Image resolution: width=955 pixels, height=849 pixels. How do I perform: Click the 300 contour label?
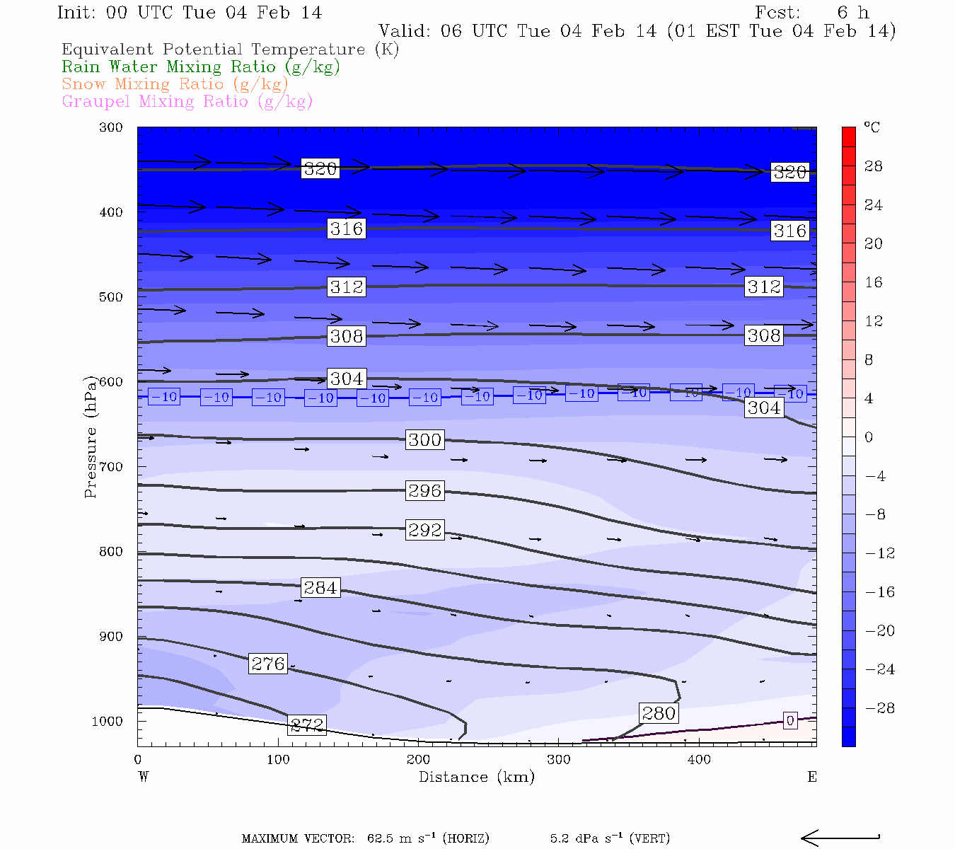(x=424, y=440)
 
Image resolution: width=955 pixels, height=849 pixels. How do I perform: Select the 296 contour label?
(x=424, y=491)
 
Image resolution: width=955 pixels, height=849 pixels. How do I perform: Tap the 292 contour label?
(x=424, y=530)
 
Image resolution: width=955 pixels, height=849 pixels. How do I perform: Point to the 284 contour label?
(x=320, y=588)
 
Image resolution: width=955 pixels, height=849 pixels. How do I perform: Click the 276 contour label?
(x=268, y=664)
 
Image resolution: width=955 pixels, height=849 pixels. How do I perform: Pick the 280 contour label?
(x=659, y=713)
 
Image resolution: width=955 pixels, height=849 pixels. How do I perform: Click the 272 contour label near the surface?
(x=307, y=725)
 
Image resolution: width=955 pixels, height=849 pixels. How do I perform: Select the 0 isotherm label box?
(x=790, y=721)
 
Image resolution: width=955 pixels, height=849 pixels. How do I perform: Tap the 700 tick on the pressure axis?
(x=111, y=467)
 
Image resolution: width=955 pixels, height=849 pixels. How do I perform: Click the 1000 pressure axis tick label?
(x=108, y=722)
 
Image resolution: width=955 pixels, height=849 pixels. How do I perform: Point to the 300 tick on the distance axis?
(x=559, y=760)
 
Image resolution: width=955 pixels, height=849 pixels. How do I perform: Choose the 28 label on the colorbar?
(x=874, y=166)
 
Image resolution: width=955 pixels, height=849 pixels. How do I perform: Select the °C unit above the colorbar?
(x=872, y=127)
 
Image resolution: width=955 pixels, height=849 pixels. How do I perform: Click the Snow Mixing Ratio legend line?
(x=175, y=84)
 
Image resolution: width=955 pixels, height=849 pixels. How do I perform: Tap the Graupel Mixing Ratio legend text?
(x=187, y=102)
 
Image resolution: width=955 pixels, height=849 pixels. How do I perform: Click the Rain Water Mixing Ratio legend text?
(x=201, y=67)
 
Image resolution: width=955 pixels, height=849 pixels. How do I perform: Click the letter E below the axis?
(x=812, y=777)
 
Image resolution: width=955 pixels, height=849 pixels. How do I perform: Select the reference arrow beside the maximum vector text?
(x=840, y=838)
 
